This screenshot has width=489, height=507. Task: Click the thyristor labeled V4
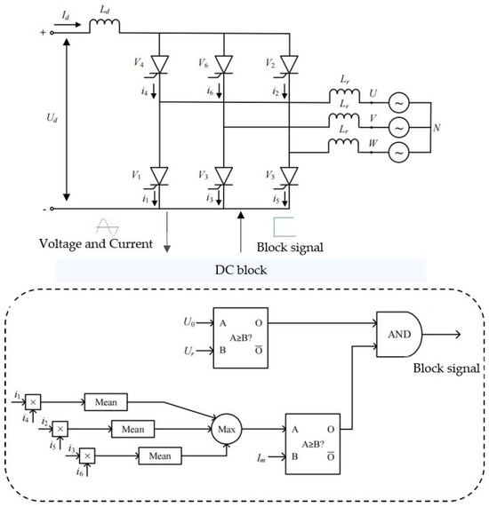tap(159, 66)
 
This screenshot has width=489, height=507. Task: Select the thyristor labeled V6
tap(224, 66)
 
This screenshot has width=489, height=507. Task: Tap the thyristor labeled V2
tap(289, 66)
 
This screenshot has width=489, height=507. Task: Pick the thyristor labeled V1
tap(159, 177)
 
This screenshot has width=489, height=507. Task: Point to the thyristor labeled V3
tap(224, 177)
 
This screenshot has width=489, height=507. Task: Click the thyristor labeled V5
tap(289, 177)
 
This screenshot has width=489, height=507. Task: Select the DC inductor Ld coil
tap(104, 25)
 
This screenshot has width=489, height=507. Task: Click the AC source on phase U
tap(399, 102)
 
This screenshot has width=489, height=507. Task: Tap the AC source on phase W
tap(399, 153)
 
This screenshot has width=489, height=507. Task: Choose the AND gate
tap(399, 335)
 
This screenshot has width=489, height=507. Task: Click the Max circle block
tap(227, 429)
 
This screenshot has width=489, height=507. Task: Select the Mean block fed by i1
tap(106, 402)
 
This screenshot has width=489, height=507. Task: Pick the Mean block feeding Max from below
tap(160, 456)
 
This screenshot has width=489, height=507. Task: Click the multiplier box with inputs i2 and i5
tap(60, 429)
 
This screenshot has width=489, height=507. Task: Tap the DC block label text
tap(241, 270)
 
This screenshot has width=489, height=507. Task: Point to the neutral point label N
tap(437, 128)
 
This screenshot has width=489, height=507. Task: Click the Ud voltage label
tap(52, 118)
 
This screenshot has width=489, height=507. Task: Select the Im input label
tap(261, 458)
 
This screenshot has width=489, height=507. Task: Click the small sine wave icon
tap(108, 227)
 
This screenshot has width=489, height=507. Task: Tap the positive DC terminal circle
tap(52, 33)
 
